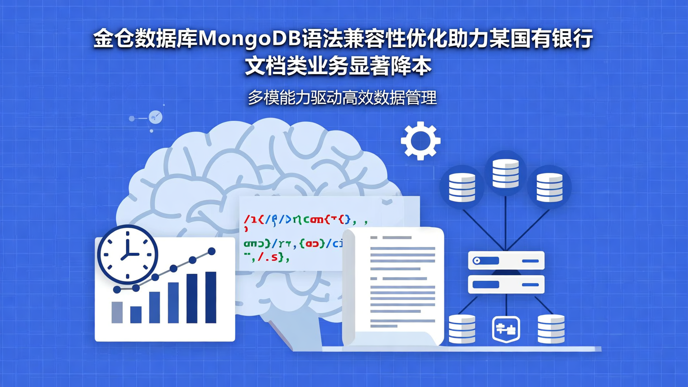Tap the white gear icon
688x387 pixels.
(420, 140)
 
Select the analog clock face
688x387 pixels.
(128, 255)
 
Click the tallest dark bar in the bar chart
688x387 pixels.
(211, 297)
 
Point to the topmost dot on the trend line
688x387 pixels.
(212, 251)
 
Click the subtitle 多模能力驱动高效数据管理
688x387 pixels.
(342, 98)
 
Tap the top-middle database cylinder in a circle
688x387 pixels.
(505, 173)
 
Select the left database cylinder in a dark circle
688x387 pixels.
(462, 187)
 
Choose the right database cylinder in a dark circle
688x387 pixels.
(549, 187)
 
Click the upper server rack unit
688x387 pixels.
(506, 261)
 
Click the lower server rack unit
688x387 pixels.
(506, 284)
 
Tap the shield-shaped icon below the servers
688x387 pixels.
(506, 329)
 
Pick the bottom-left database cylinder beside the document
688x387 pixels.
(462, 329)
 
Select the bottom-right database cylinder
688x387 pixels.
(551, 329)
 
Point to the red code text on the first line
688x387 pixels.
(258, 220)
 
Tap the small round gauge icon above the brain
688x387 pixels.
(155, 117)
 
